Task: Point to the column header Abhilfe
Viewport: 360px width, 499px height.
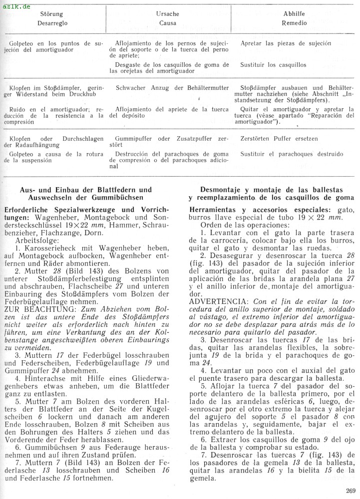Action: [x=295, y=14]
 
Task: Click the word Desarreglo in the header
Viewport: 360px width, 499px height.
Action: [x=52, y=23]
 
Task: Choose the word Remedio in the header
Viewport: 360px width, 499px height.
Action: [x=295, y=23]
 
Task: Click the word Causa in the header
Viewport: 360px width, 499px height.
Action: [x=168, y=23]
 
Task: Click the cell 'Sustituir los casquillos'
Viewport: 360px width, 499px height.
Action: [x=273, y=65]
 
